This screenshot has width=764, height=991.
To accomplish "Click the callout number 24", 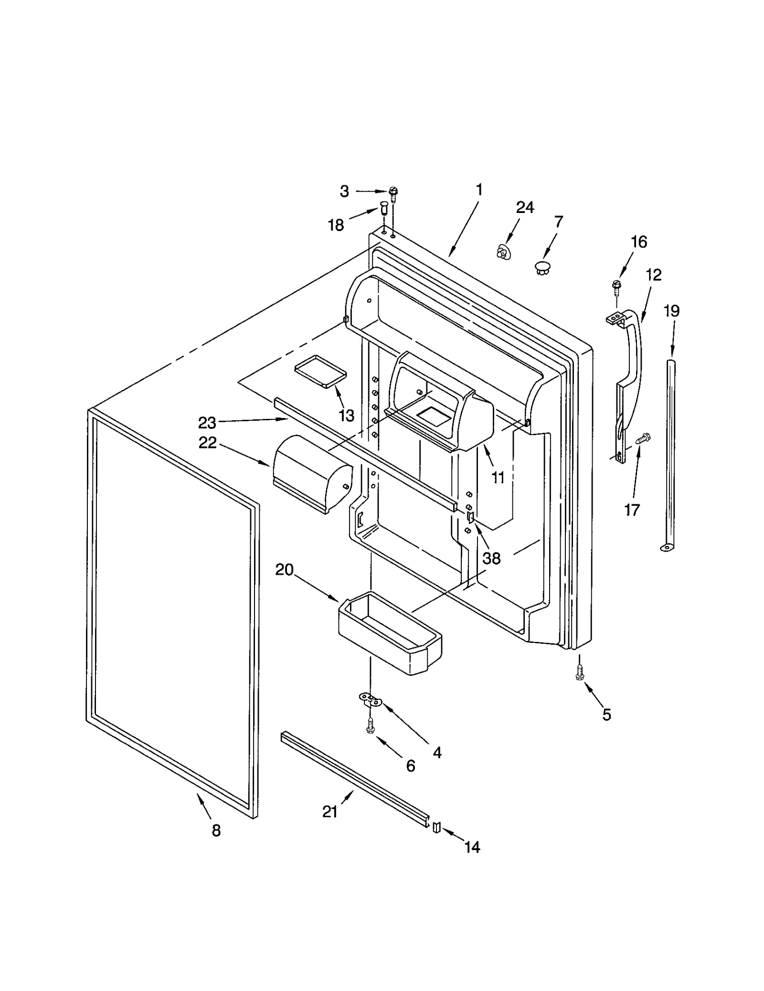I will tap(525, 207).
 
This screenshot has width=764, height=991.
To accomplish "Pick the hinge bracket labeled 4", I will tap(370, 701).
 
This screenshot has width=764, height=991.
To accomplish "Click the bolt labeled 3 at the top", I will tap(393, 192).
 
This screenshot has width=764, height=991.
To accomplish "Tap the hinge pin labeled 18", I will tap(383, 209).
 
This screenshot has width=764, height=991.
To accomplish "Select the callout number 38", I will tap(491, 558).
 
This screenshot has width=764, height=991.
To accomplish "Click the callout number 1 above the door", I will tap(479, 190).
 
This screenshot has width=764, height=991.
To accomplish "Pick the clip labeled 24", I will tap(502, 252).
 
